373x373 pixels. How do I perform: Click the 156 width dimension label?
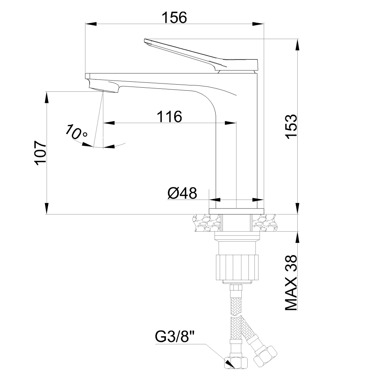(x=174, y=18)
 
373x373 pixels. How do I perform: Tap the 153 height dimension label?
(x=291, y=126)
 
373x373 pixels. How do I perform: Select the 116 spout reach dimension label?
(x=169, y=116)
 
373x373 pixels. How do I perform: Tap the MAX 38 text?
(x=291, y=283)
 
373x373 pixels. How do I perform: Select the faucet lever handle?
(x=201, y=55)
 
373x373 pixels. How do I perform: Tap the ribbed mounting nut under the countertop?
(x=237, y=267)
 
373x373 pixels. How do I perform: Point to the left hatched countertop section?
(x=207, y=223)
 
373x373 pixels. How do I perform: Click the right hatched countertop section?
(x=264, y=223)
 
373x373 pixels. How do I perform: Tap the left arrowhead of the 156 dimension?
(x=91, y=24)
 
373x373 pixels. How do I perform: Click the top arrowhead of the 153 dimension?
(x=298, y=45)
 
